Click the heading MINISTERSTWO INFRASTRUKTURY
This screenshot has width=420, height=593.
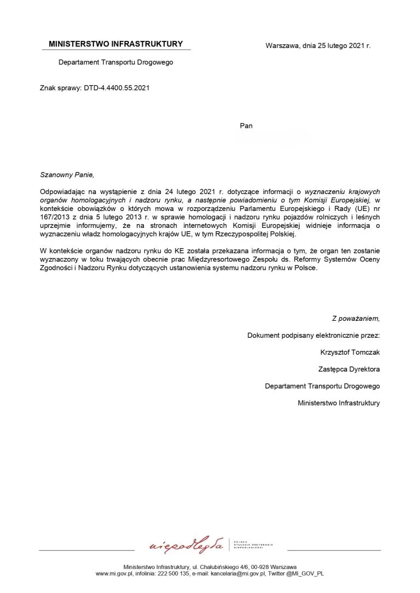click(115, 44)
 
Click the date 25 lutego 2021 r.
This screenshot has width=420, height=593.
click(336, 45)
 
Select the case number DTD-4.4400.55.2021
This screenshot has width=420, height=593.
click(116, 87)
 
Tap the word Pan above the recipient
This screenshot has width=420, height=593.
click(246, 126)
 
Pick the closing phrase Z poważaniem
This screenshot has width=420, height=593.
click(355, 318)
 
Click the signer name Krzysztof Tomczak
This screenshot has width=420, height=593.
click(350, 352)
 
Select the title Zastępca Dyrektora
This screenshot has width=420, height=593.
click(349, 369)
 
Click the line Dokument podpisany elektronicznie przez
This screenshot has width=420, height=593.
click(313, 335)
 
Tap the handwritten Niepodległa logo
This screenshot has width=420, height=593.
click(186, 545)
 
